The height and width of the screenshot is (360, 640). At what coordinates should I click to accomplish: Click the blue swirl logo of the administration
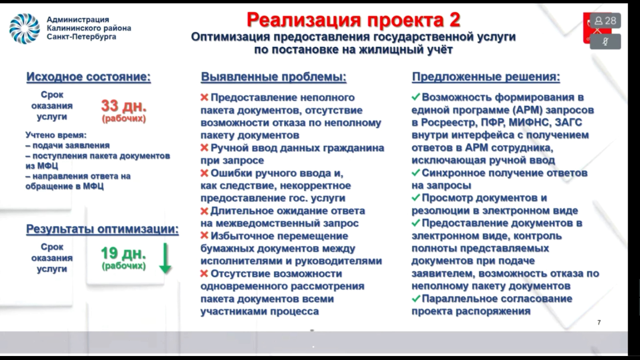[x=24, y=29]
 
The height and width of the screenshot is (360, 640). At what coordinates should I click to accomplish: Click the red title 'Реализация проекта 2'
[x=353, y=20]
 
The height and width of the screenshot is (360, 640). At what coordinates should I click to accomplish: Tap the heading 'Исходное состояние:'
[x=89, y=77]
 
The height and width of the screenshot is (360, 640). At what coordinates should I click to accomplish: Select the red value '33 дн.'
[x=124, y=106]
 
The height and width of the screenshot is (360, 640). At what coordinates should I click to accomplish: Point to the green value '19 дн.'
[x=123, y=253]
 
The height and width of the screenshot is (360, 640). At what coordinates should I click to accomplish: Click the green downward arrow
[x=165, y=258]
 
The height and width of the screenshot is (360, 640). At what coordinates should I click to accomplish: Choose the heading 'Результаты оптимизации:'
[x=102, y=229]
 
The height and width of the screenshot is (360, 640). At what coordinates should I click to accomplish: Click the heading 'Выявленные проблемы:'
[x=274, y=77]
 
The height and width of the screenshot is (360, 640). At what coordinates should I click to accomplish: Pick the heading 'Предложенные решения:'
[x=486, y=77]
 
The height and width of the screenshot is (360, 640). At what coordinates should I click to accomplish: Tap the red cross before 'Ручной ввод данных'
[x=204, y=148]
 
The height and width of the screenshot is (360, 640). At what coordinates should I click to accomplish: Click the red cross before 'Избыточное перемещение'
[x=204, y=236]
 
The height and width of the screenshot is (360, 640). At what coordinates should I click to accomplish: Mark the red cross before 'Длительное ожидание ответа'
[x=204, y=211]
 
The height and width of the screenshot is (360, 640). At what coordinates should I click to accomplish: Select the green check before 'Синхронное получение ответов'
[x=416, y=173]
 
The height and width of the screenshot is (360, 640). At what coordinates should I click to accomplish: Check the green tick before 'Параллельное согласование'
[x=416, y=298]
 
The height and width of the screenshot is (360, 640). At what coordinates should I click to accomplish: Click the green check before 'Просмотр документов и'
[x=416, y=198]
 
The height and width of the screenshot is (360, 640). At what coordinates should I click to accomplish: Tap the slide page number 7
[x=599, y=322]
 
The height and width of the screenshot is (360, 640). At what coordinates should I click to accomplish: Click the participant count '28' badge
[x=605, y=21]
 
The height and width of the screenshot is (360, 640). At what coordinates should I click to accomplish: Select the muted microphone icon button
[x=605, y=42]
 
